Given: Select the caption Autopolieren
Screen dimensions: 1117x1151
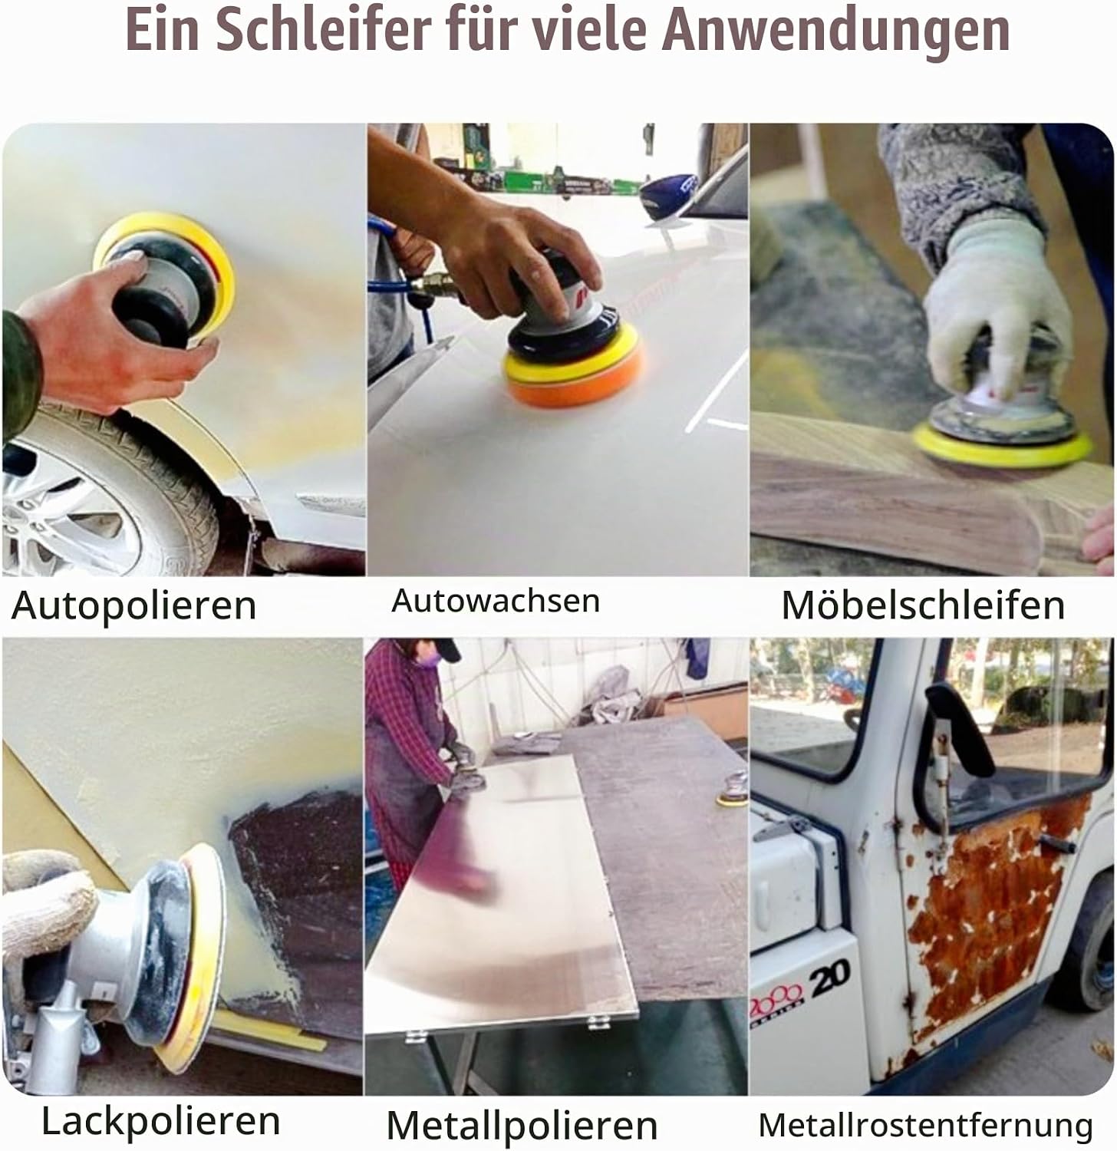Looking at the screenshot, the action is tap(134, 606).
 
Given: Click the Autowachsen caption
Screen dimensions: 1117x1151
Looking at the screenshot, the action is tap(496, 600).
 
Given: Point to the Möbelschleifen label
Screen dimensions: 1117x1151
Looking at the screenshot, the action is tap(923, 605).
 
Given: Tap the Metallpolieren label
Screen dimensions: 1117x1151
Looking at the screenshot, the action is tap(522, 1126).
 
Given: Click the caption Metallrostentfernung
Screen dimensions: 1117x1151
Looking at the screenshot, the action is tap(925, 1126).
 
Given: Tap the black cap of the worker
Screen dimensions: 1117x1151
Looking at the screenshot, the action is tap(437, 649).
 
